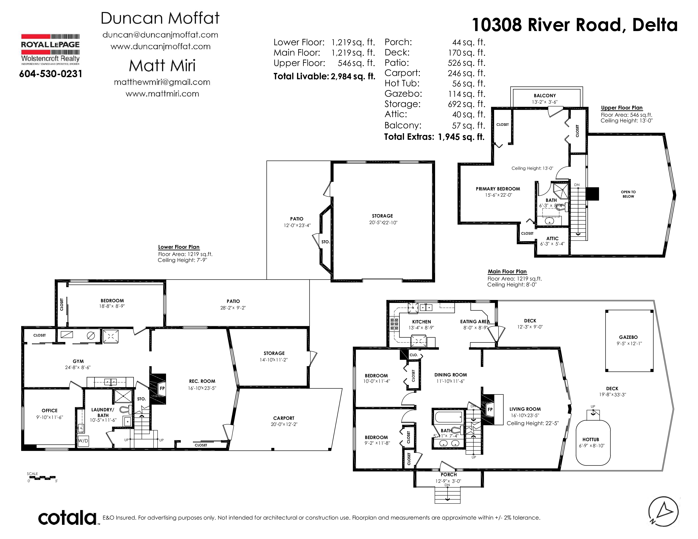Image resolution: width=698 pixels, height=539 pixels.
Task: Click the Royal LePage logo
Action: (50, 49)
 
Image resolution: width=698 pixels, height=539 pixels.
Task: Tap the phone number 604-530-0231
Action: (51, 74)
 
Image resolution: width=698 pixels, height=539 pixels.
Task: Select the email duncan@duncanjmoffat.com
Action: (160, 35)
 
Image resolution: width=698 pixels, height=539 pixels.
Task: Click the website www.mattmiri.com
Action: (162, 94)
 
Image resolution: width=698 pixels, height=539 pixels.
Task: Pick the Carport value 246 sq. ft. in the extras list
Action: (466, 73)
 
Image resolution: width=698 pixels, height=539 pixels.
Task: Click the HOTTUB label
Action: (591, 439)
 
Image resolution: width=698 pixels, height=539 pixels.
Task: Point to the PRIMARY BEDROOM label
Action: (498, 189)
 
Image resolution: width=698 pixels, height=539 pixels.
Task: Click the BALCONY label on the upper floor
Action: (545, 96)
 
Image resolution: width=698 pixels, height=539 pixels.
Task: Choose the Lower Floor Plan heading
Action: (179, 247)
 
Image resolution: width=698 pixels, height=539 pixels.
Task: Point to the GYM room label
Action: (78, 361)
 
